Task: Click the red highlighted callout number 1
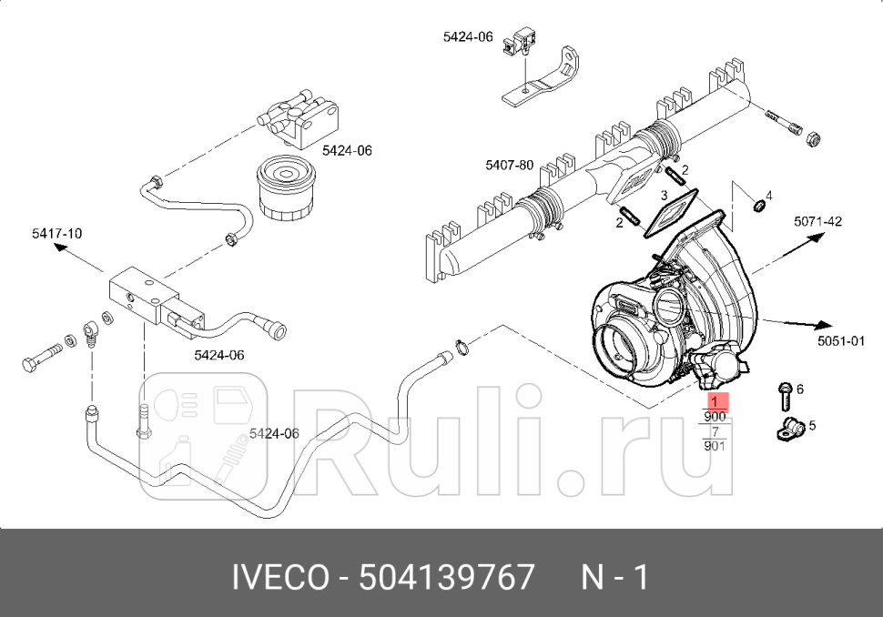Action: click(x=716, y=401)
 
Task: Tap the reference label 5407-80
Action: click(x=509, y=165)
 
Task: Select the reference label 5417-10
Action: click(x=56, y=234)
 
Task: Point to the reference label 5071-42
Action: click(x=817, y=221)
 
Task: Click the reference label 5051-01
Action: click(x=840, y=340)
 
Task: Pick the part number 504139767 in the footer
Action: click(x=446, y=577)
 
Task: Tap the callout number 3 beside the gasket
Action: click(x=665, y=195)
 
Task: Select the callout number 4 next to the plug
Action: click(x=768, y=196)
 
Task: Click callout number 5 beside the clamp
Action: click(x=812, y=424)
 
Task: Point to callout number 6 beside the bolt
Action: click(x=799, y=389)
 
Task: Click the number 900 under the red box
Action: click(x=716, y=417)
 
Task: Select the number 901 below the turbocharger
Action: click(x=716, y=446)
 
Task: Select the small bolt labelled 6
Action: click(x=784, y=397)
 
